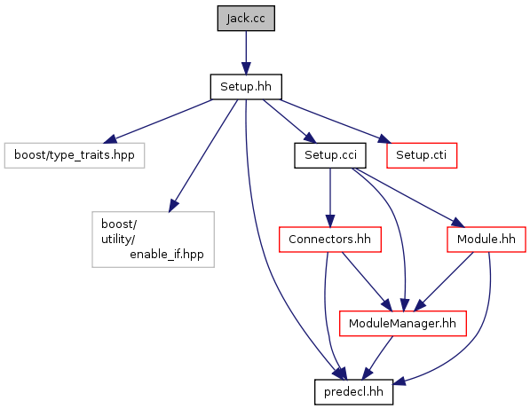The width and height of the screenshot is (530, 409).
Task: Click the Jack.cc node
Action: [246, 19]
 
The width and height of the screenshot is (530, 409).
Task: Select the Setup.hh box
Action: [246, 87]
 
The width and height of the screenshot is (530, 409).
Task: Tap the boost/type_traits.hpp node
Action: [75, 155]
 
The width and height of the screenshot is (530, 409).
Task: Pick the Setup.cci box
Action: [330, 155]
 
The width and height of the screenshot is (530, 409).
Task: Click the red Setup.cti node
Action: [422, 155]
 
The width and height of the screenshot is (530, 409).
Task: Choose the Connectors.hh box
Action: [330, 240]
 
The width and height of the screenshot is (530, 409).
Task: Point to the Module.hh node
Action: [486, 240]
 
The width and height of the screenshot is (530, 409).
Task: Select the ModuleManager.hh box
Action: [402, 324]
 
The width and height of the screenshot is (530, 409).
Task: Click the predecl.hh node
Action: [353, 392]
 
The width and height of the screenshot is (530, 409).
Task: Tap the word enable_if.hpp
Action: [167, 255]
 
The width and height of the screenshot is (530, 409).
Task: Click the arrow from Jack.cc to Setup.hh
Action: [246, 52]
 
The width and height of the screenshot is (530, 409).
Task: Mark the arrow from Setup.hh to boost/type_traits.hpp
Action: [157, 122]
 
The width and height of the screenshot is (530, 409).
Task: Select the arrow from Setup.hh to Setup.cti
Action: [336, 122]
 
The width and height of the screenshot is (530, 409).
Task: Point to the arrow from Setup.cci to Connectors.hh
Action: [330, 198]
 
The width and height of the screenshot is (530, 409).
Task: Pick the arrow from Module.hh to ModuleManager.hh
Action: [444, 281]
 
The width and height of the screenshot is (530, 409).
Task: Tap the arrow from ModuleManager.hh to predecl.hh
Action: [377, 358]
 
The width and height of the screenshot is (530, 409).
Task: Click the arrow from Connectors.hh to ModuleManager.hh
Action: [367, 281]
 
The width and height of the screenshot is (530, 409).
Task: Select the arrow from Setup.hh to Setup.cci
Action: [289, 122]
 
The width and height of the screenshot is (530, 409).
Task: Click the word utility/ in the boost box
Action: [118, 240]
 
